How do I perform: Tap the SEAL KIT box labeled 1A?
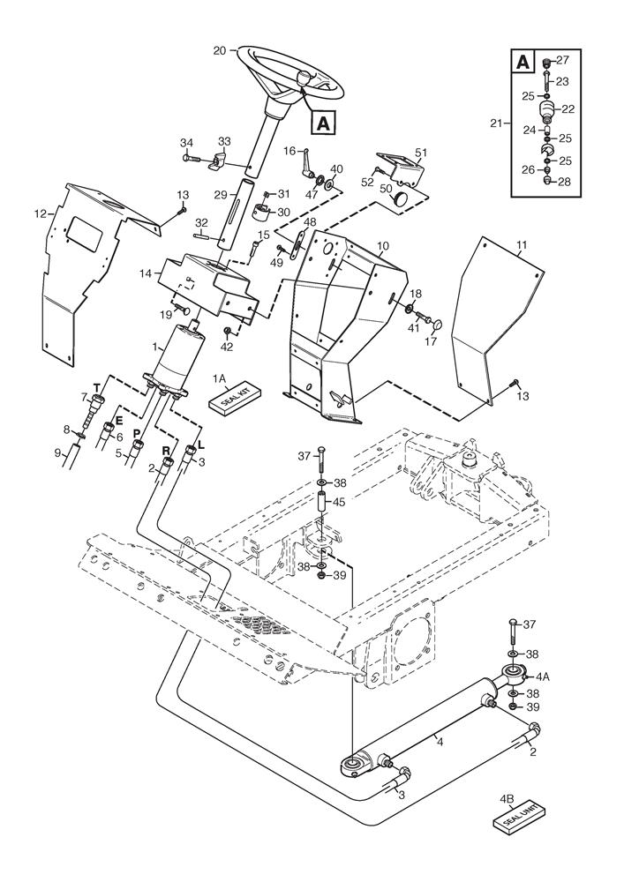click(x=231, y=398)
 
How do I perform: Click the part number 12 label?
click(x=39, y=213)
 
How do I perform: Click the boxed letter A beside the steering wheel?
click(x=323, y=124)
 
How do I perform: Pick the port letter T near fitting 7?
click(x=96, y=387)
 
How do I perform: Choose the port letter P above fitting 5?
click(x=138, y=433)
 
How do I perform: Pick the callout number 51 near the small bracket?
click(x=421, y=153)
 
